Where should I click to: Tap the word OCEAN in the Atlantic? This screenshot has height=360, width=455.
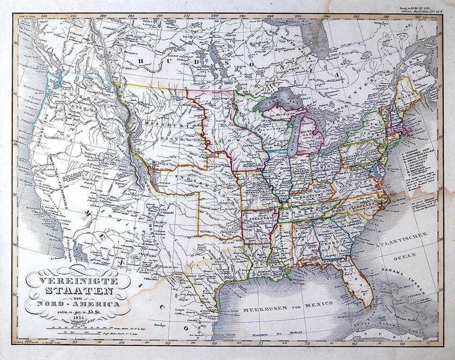(406, 255)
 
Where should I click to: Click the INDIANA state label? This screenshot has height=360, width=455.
(300, 171)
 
